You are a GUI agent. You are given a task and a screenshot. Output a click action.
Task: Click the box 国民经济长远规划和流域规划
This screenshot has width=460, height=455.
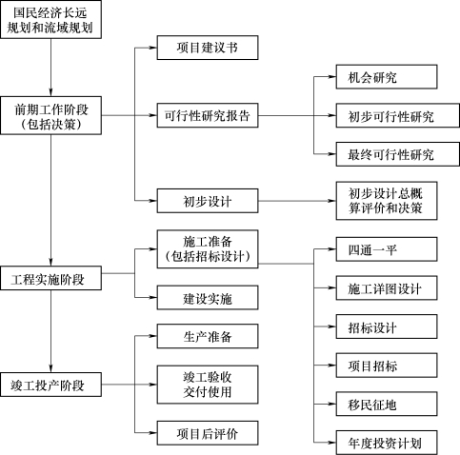50,20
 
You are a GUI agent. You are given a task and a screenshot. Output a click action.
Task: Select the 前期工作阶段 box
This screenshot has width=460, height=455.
50,115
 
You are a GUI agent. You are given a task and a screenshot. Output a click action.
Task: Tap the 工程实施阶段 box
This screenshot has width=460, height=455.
50,278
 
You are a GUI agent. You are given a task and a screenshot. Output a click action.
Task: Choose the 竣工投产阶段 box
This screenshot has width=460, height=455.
50,385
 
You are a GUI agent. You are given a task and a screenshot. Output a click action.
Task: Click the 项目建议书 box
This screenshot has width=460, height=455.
208,48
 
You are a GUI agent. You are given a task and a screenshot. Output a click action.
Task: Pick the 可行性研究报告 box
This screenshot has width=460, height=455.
208,115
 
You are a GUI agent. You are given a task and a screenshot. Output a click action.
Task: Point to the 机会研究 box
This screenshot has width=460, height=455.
387,77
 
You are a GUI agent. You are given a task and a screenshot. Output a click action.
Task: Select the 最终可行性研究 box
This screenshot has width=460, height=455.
398,154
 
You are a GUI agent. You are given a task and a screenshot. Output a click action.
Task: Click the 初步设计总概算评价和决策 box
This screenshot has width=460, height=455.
387,201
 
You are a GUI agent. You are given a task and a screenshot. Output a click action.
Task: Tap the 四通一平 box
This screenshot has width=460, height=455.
387,249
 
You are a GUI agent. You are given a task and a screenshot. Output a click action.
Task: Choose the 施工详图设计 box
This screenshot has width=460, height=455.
387,288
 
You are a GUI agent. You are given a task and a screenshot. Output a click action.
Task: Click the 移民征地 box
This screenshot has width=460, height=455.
387,404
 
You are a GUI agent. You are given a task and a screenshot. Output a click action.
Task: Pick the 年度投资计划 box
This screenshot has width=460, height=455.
387,443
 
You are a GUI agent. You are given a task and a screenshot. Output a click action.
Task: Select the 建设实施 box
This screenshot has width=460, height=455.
208,298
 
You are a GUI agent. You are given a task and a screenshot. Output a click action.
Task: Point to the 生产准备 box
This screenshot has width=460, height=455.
208,336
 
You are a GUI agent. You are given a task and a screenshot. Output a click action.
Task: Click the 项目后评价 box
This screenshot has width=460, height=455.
208,433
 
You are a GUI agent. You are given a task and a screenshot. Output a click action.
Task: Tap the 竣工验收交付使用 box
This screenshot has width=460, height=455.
208,385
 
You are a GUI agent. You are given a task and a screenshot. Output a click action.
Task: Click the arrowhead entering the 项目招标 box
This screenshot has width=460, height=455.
332,366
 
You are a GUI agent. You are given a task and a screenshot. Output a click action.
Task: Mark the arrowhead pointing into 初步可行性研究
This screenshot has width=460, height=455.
332,115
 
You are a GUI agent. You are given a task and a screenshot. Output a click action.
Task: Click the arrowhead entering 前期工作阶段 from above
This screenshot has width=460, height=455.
50,92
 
